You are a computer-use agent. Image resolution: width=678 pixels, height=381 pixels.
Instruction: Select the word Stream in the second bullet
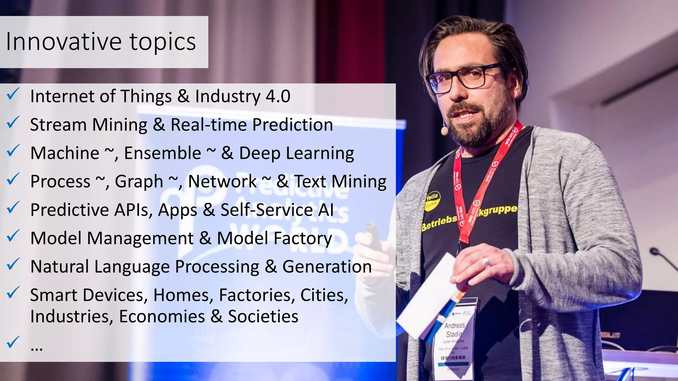58,125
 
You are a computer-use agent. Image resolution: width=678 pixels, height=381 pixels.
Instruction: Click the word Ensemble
163,153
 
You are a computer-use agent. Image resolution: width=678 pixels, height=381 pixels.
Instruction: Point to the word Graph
139,182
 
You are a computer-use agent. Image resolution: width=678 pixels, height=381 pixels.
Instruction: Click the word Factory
303,238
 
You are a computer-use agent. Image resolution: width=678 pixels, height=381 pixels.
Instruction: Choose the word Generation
327,267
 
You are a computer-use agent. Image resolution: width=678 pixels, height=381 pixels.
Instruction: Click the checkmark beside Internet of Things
13,94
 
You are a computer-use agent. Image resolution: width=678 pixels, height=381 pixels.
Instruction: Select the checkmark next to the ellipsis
13,342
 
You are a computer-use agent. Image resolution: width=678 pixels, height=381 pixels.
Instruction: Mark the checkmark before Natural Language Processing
13,265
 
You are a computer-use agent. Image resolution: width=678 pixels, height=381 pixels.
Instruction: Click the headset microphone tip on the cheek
444,131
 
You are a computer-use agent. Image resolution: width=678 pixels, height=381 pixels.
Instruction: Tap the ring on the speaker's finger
486,262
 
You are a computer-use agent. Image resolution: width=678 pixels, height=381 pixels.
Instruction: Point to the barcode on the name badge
453,358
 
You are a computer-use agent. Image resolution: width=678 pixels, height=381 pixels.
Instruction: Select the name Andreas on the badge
455,325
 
